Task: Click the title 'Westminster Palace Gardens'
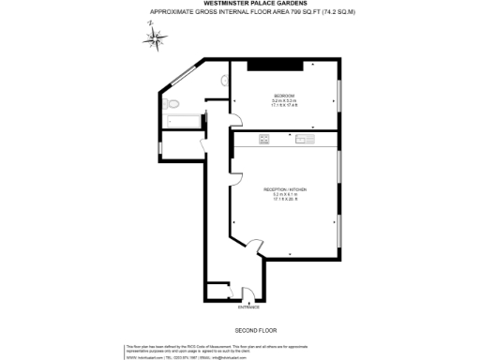(239, 4)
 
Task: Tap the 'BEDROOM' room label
(284, 96)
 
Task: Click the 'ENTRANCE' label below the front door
(247, 307)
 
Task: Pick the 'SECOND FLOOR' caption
(253, 330)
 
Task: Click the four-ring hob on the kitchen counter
(265, 140)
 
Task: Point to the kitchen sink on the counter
(306, 140)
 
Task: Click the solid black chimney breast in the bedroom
(275, 65)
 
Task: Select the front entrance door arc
(246, 292)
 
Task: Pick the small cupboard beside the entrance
(216, 290)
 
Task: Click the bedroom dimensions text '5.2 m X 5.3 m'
(284, 101)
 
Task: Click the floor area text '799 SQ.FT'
(275, 12)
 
